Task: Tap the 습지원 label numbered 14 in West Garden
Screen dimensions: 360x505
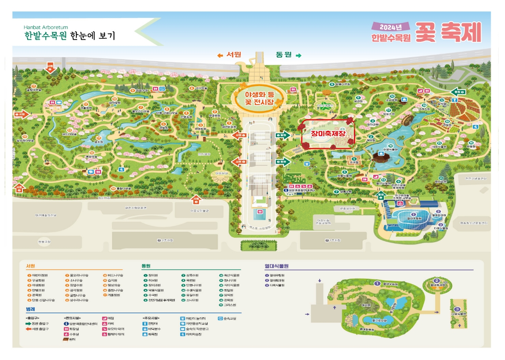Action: coord(99,142)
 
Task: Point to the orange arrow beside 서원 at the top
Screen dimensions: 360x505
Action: coord(220,55)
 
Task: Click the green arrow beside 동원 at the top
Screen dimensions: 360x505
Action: coord(299,55)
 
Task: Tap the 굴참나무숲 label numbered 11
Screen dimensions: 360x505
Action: coord(34,90)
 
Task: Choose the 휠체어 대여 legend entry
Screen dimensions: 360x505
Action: coord(114,334)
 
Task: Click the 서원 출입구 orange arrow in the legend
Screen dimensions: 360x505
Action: coord(29,329)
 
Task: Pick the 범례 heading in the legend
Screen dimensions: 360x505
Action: coord(31,309)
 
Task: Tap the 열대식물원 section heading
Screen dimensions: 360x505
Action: coord(278,266)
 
